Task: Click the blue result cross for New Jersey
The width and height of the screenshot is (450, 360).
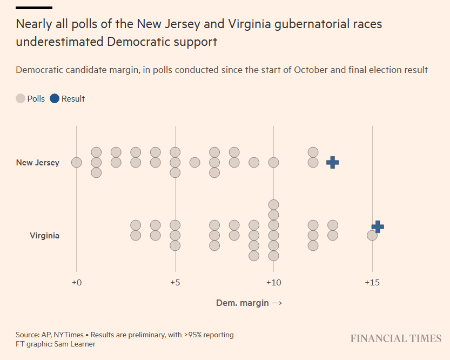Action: coord(333,162)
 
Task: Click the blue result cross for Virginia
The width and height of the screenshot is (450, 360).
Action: coord(378,227)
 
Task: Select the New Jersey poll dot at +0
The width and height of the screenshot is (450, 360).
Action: coord(77,162)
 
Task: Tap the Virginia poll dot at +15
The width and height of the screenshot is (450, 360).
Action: coord(372,235)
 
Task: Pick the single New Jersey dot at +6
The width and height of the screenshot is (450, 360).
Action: coord(195,162)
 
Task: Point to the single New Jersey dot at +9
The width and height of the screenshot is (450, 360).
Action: coord(254,162)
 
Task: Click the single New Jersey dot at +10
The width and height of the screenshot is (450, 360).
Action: coord(274,162)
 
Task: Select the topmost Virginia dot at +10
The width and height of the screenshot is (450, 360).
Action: coord(274,204)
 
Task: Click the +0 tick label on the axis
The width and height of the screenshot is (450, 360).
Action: coord(76,283)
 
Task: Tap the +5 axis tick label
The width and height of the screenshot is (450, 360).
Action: coord(174,283)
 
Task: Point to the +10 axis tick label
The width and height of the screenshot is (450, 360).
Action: coord(273,283)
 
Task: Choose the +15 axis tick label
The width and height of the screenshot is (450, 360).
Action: coord(372,283)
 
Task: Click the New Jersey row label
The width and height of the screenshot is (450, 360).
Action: coord(38,162)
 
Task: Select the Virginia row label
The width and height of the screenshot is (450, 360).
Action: coord(44,236)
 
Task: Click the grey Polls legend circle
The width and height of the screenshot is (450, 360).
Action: coord(21,98)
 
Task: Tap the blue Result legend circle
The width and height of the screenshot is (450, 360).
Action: coord(55,98)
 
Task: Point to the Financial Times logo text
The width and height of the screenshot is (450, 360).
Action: coord(395,339)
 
